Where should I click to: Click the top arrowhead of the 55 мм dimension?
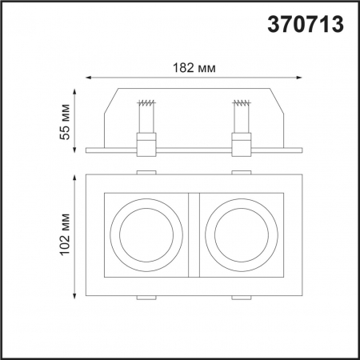(x=77, y=90)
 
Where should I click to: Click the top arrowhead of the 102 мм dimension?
(x=77, y=176)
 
